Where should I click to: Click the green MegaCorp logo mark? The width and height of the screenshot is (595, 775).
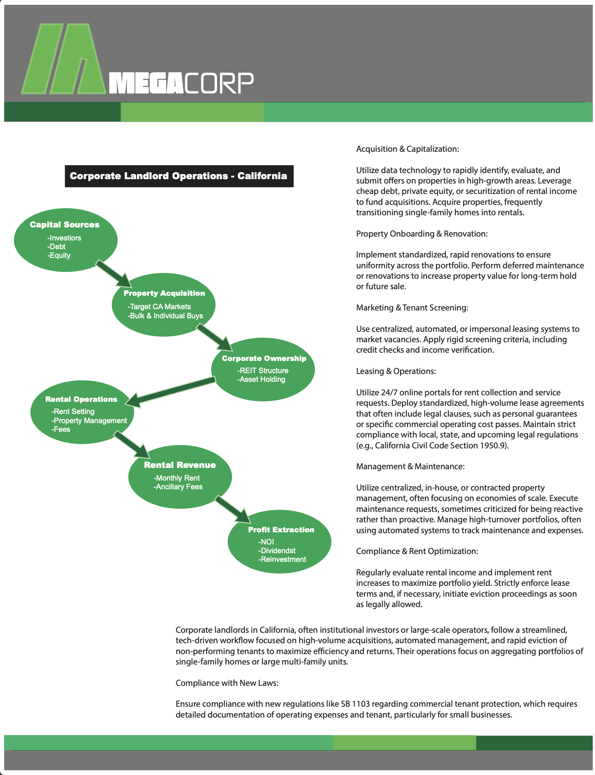click(63, 59)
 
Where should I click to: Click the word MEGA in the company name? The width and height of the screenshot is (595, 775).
click(145, 83)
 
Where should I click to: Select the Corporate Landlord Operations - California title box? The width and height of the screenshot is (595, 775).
click(179, 176)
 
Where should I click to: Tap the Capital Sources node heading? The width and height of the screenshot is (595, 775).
click(64, 225)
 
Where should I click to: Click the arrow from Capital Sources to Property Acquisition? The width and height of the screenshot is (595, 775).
click(113, 273)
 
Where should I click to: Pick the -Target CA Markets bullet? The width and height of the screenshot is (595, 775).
click(159, 307)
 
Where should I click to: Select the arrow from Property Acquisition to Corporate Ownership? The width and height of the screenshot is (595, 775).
click(214, 337)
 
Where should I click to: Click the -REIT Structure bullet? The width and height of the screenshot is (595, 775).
click(263, 371)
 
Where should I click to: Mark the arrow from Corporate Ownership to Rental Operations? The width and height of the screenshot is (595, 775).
click(171, 392)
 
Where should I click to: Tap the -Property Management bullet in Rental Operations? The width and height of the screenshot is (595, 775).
click(89, 421)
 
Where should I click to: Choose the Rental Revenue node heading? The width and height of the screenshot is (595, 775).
click(180, 465)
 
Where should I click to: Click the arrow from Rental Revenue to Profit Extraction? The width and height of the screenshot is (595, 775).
click(233, 509)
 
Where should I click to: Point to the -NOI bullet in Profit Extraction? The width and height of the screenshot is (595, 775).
click(266, 542)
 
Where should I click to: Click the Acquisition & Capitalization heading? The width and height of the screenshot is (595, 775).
click(408, 149)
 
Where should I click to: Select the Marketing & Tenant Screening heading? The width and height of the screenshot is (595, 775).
click(412, 308)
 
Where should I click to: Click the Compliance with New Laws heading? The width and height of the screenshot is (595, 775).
click(227, 683)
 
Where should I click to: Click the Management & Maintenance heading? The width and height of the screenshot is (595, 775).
click(410, 467)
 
